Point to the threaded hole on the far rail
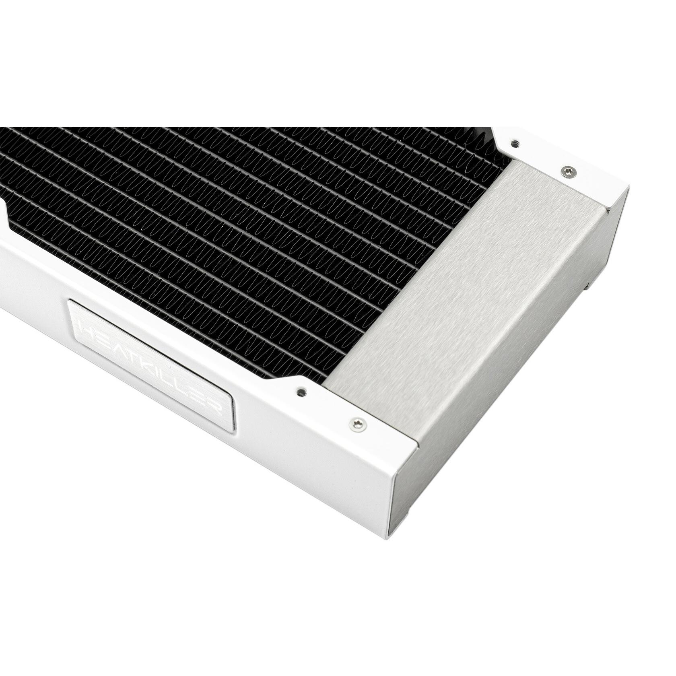[x=515, y=142]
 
